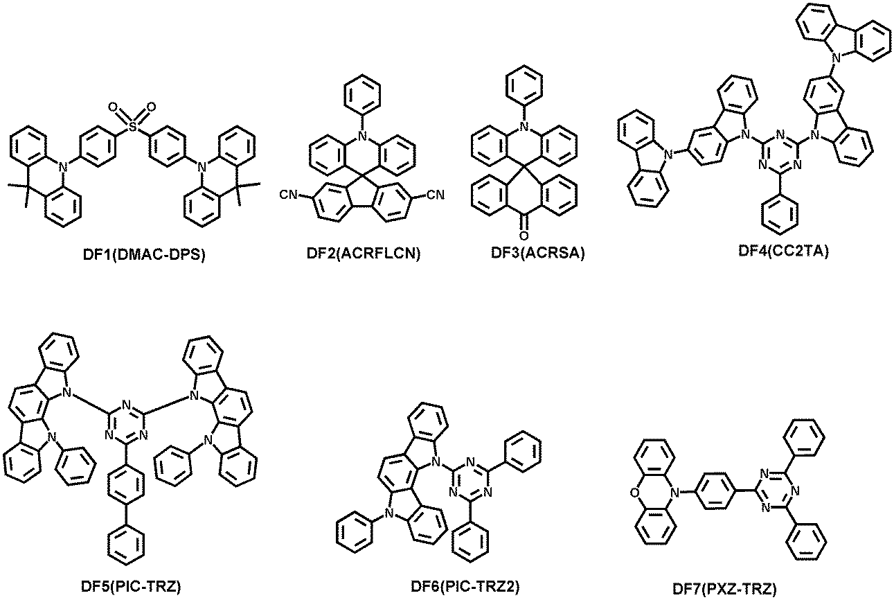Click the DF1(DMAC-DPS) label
tap(143, 254)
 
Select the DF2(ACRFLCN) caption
tap(364, 253)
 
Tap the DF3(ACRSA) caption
tap(537, 253)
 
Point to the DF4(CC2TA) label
tap(783, 251)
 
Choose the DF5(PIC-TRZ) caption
tap(131, 586)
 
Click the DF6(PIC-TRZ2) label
tap(465, 586)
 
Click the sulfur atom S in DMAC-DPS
tap(132, 127)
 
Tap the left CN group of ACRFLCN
tap(288, 195)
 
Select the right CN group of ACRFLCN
tap(436, 195)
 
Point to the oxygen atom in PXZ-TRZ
tap(634, 494)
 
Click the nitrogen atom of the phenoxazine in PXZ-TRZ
tap(674, 494)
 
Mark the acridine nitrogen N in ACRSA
tap(524, 127)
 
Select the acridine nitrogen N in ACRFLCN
tap(362, 136)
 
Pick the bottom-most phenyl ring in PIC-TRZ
tap(126, 545)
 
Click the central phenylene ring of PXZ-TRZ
tap(716, 491)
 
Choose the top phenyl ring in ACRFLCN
tap(362, 94)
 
